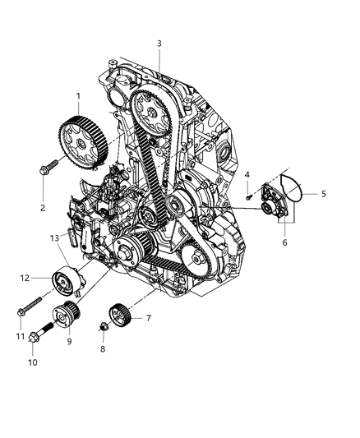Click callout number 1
click(78, 96)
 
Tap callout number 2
click(42, 207)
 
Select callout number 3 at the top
click(159, 43)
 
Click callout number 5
click(323, 194)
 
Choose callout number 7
click(149, 318)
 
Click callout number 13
click(54, 237)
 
